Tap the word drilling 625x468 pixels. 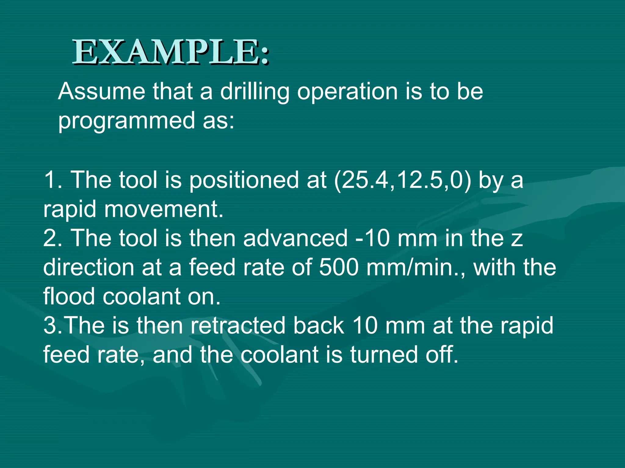click(x=255, y=92)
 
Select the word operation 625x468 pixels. click(x=347, y=92)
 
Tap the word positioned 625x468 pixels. click(x=243, y=180)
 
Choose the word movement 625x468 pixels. click(x=164, y=210)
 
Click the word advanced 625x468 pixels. click(x=295, y=238)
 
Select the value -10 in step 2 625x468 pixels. click(x=373, y=238)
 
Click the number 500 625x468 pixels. click(x=339, y=268)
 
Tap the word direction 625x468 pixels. click(x=89, y=268)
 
